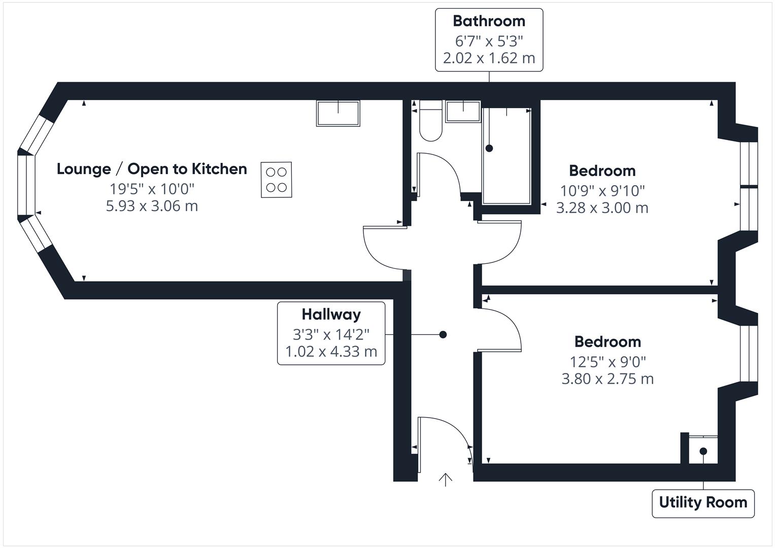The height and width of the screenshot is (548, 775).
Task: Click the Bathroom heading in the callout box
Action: [489, 21]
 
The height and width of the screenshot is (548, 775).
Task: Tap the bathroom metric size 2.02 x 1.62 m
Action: [489, 58]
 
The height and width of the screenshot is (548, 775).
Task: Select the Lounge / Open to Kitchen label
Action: [152, 169]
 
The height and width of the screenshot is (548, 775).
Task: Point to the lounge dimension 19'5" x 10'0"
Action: [152, 189]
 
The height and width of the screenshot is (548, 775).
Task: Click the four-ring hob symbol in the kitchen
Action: [277, 180]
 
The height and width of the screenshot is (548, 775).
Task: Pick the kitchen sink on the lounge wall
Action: [338, 113]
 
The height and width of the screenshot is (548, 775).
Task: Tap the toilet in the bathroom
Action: [431, 121]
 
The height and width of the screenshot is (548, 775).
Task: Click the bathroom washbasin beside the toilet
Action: [463, 112]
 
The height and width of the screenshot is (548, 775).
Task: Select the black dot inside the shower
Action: [489, 148]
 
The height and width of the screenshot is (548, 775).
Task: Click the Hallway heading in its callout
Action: [331, 315]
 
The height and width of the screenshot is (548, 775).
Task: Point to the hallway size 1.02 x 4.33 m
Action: [331, 352]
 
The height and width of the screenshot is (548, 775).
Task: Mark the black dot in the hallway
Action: [443, 334]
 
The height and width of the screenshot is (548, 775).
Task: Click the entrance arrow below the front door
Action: [446, 480]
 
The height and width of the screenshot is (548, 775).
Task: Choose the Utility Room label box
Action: [703, 503]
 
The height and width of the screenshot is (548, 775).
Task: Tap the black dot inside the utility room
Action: [703, 451]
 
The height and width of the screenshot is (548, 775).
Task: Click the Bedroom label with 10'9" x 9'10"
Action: [602, 171]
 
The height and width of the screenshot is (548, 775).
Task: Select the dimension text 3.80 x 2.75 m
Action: [608, 379]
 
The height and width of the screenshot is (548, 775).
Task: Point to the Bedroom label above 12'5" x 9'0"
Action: [608, 342]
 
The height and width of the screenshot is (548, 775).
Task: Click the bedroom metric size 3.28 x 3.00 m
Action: [602, 208]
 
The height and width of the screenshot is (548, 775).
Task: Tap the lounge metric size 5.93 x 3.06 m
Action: [152, 206]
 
